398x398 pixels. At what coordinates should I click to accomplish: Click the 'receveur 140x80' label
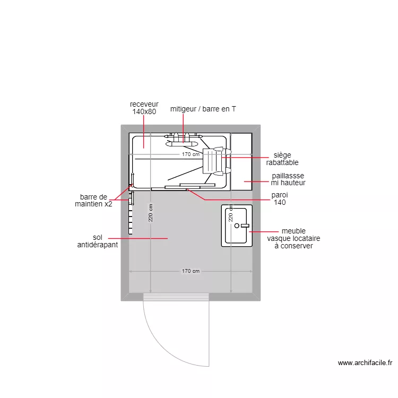point(144,108)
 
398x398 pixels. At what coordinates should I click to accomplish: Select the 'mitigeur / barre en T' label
point(203,109)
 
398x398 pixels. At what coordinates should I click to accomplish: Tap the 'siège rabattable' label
point(282,159)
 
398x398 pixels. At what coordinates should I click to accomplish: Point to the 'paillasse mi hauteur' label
point(288,179)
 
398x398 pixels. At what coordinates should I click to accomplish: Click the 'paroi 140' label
point(280,198)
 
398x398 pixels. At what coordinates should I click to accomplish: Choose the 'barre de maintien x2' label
point(93,200)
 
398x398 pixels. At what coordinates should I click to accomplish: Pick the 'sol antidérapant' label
point(97,241)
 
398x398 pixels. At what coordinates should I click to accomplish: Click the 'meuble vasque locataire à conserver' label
point(293,239)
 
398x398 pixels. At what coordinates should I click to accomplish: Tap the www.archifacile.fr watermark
point(365,363)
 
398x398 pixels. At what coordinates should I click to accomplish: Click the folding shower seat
point(212,161)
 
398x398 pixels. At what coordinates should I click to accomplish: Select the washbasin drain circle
point(237,226)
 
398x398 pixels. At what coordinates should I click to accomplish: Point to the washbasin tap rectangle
point(245,226)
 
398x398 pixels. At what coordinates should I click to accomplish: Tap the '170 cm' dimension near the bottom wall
point(191,271)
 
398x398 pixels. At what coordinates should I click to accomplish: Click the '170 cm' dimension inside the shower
point(191,154)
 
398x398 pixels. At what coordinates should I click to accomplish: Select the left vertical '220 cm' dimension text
point(151,213)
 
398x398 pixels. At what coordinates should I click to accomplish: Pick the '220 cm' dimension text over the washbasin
point(231,214)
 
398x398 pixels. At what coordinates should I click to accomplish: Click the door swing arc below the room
point(159,344)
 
